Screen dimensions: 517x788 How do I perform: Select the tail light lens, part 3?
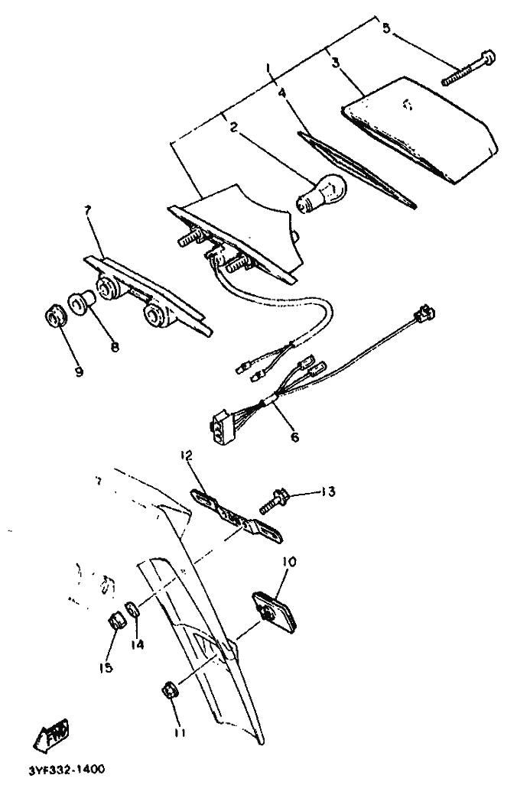(420, 130)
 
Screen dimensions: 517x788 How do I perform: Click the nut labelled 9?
(55, 318)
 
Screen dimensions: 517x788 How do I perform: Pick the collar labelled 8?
(80, 303)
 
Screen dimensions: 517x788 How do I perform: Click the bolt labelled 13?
(273, 501)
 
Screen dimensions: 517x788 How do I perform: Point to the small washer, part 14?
(133, 608)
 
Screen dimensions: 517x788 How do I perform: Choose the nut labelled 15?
(117, 621)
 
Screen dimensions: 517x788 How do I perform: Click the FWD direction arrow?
(51, 735)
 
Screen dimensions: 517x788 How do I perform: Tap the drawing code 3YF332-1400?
(67, 770)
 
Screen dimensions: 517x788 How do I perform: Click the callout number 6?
(294, 436)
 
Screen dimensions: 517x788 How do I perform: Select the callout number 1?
(268, 68)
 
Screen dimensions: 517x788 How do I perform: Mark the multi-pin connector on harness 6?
(223, 426)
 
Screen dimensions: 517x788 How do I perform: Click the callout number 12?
(186, 456)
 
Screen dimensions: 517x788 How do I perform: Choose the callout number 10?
(288, 561)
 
